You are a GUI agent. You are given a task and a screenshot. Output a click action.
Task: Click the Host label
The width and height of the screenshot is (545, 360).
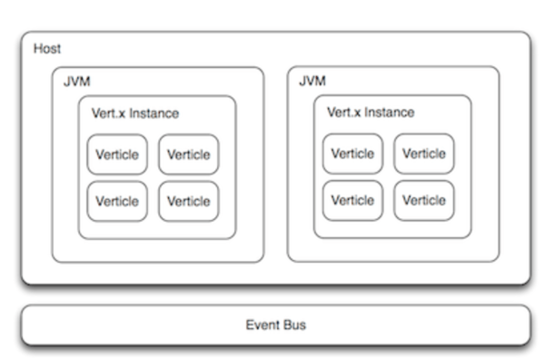(x=47, y=48)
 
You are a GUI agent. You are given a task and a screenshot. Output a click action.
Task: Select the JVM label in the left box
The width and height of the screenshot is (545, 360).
(x=76, y=82)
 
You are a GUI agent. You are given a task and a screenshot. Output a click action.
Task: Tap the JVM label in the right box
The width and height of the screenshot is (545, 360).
(x=312, y=82)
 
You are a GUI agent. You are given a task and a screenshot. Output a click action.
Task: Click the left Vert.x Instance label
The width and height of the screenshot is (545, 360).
(x=135, y=114)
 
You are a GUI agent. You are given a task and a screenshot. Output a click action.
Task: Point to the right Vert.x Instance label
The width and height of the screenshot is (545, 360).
(x=371, y=113)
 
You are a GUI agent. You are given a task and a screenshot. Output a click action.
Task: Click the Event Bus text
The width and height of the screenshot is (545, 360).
(x=275, y=325)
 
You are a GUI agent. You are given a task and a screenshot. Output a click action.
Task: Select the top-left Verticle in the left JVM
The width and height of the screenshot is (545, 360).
(x=117, y=155)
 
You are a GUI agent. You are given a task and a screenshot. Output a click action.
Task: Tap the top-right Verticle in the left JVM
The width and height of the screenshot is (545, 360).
(x=189, y=155)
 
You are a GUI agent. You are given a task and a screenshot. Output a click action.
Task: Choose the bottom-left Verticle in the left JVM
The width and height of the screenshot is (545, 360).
(x=117, y=201)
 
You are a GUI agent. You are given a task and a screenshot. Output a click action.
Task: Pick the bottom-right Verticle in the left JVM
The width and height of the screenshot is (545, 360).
(x=189, y=201)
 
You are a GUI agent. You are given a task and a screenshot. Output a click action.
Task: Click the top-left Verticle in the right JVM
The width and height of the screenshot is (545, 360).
(x=352, y=154)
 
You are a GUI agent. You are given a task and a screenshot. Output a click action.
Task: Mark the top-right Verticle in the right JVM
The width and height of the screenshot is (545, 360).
(x=424, y=154)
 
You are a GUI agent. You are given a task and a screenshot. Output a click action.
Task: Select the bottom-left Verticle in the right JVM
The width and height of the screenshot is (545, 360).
(x=352, y=200)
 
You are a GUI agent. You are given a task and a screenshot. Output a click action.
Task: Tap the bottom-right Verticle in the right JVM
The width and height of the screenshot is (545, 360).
(x=424, y=200)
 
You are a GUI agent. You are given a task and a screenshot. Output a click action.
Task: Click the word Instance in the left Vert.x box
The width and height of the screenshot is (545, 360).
(x=154, y=114)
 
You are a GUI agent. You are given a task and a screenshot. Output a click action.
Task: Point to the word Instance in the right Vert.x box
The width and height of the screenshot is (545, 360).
(x=390, y=113)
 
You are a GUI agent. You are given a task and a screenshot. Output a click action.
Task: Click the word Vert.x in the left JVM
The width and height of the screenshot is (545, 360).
(x=109, y=114)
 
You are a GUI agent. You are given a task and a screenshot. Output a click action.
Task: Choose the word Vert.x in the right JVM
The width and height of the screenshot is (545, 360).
(x=344, y=113)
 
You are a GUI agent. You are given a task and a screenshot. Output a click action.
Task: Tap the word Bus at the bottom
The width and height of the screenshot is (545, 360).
(x=294, y=325)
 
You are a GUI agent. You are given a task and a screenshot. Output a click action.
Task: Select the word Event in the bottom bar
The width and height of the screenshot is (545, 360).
(x=263, y=325)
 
